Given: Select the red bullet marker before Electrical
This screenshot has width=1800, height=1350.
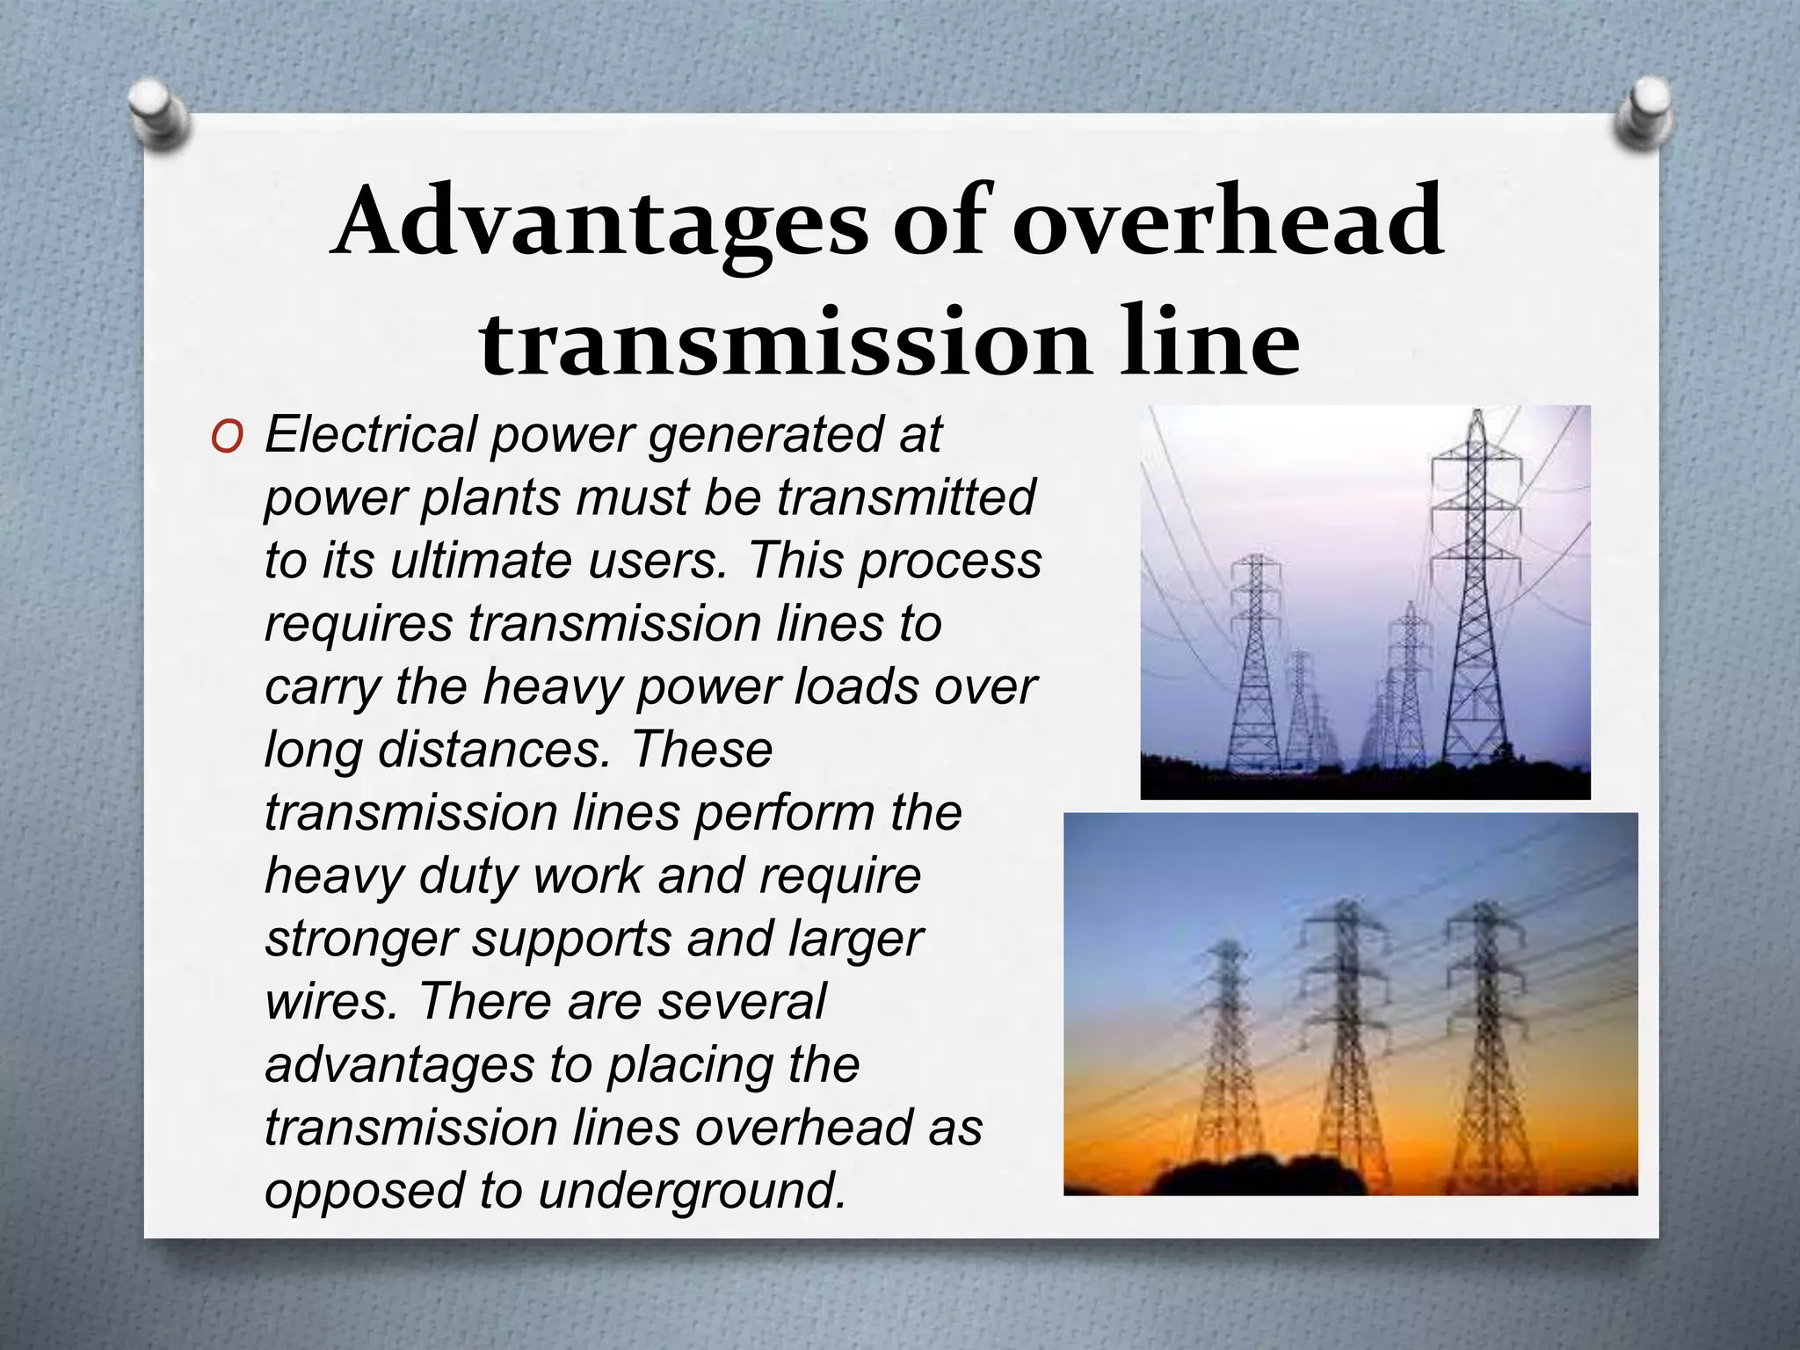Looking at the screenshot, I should (226, 438).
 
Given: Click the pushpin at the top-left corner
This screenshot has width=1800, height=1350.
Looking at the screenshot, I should (158, 114).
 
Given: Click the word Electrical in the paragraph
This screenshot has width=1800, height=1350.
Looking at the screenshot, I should (369, 434).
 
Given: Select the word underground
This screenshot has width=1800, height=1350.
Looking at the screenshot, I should (692, 1192).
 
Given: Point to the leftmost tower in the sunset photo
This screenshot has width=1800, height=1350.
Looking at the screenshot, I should (1227, 1063).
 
